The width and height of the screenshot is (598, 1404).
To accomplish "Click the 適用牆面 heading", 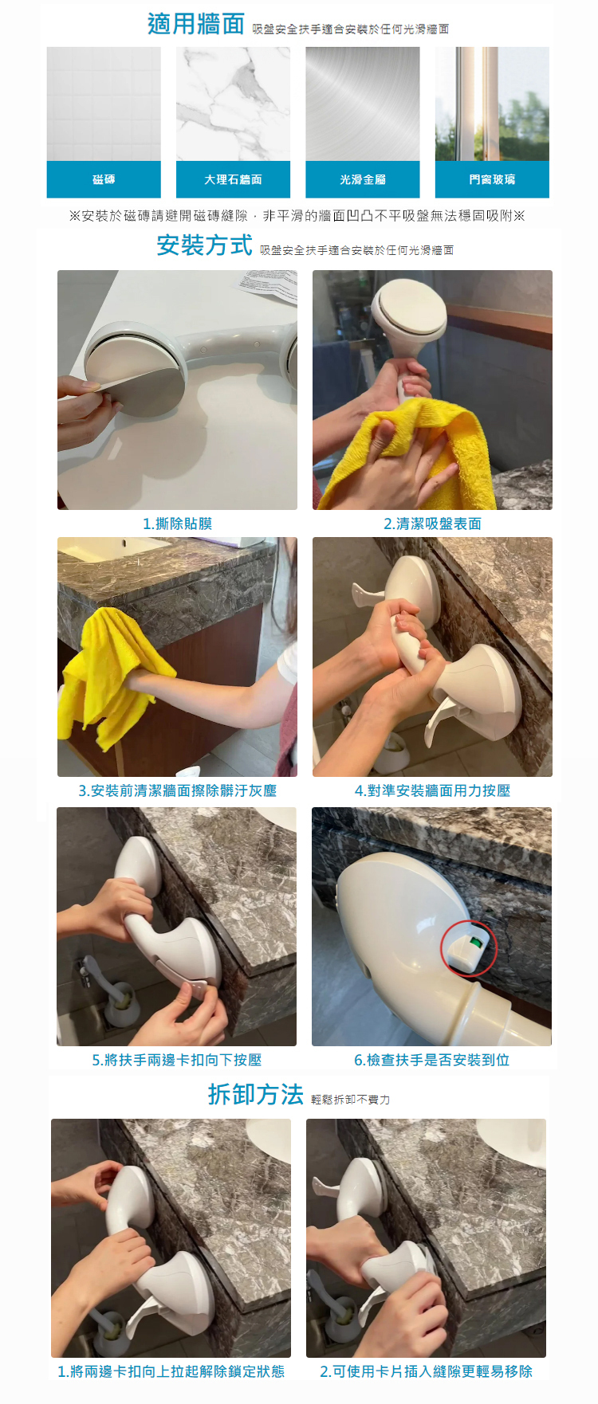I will click(x=196, y=25).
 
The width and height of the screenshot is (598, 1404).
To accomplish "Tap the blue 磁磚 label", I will click(x=104, y=179).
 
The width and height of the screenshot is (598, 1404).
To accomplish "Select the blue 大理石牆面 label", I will click(x=233, y=179).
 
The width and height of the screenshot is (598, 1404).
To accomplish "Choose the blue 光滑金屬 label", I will click(x=363, y=179).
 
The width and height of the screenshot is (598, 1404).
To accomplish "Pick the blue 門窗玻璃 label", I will click(x=492, y=179).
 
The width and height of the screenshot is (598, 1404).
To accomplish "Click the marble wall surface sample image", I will click(x=233, y=104).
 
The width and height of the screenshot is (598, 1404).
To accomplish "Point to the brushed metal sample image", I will click(x=363, y=104).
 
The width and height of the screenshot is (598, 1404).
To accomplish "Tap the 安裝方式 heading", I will click(x=205, y=245).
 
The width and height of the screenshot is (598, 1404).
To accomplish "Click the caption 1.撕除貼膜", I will click(x=177, y=524).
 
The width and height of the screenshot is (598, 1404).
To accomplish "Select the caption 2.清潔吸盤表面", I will click(x=432, y=524).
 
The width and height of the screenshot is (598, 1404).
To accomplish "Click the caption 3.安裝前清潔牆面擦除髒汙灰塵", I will click(x=177, y=790).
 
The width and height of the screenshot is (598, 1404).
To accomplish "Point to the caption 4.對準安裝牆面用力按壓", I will click(x=432, y=790).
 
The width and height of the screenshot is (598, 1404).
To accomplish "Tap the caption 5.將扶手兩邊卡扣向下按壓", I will click(x=177, y=1060).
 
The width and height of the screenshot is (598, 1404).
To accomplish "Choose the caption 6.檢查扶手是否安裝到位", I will click(x=432, y=1060).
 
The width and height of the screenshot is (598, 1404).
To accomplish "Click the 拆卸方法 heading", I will click(x=256, y=1095).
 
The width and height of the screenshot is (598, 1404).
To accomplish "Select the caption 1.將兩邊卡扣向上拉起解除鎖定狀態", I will click(x=171, y=1371).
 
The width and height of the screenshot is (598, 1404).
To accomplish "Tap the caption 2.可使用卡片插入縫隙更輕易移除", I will click(x=426, y=1371).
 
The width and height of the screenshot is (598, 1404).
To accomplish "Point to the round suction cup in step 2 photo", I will click(x=411, y=311).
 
